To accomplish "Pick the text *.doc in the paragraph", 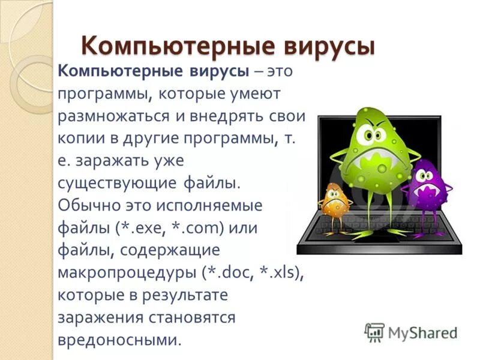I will coord(227,274).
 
